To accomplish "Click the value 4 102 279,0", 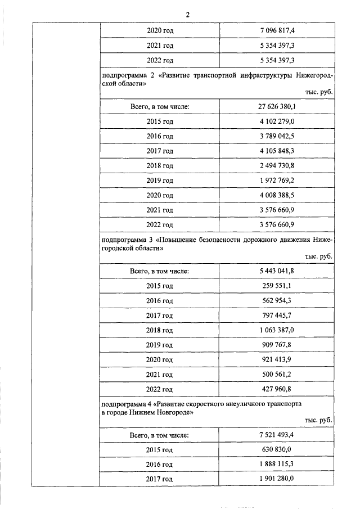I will click(x=276, y=121).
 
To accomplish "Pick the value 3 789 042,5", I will click(x=276, y=136).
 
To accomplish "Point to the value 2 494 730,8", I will click(x=276, y=166).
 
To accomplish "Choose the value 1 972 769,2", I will click(x=276, y=181).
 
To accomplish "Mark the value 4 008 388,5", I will click(x=276, y=196).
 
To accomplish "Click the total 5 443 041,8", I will click(x=276, y=271).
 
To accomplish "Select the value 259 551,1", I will click(x=276, y=286).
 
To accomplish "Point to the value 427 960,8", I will click(x=276, y=389).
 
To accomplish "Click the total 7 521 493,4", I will click(x=276, y=435).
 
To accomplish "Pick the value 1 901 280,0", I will click(x=276, y=479).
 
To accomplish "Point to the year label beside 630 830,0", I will click(x=160, y=450).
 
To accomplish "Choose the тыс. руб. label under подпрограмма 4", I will click(x=318, y=420).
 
